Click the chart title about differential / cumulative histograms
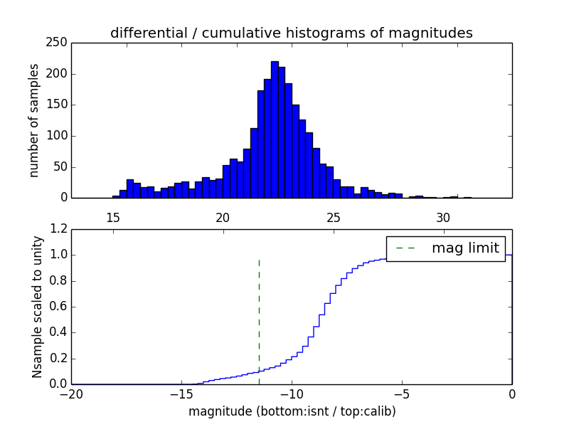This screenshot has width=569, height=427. [291, 33]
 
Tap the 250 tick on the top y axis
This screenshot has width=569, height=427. [59, 43]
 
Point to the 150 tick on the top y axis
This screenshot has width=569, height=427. [59, 105]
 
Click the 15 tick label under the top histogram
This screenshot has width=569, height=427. [113, 218]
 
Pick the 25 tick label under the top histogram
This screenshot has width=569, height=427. [334, 218]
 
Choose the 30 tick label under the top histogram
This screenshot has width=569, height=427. [444, 218]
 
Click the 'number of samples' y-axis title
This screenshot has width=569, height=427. [34, 120]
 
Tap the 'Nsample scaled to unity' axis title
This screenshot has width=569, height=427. [37, 307]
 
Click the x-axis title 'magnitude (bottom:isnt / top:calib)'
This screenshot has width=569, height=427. [292, 411]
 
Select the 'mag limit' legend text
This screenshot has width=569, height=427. [465, 248]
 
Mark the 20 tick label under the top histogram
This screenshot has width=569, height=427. [223, 218]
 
